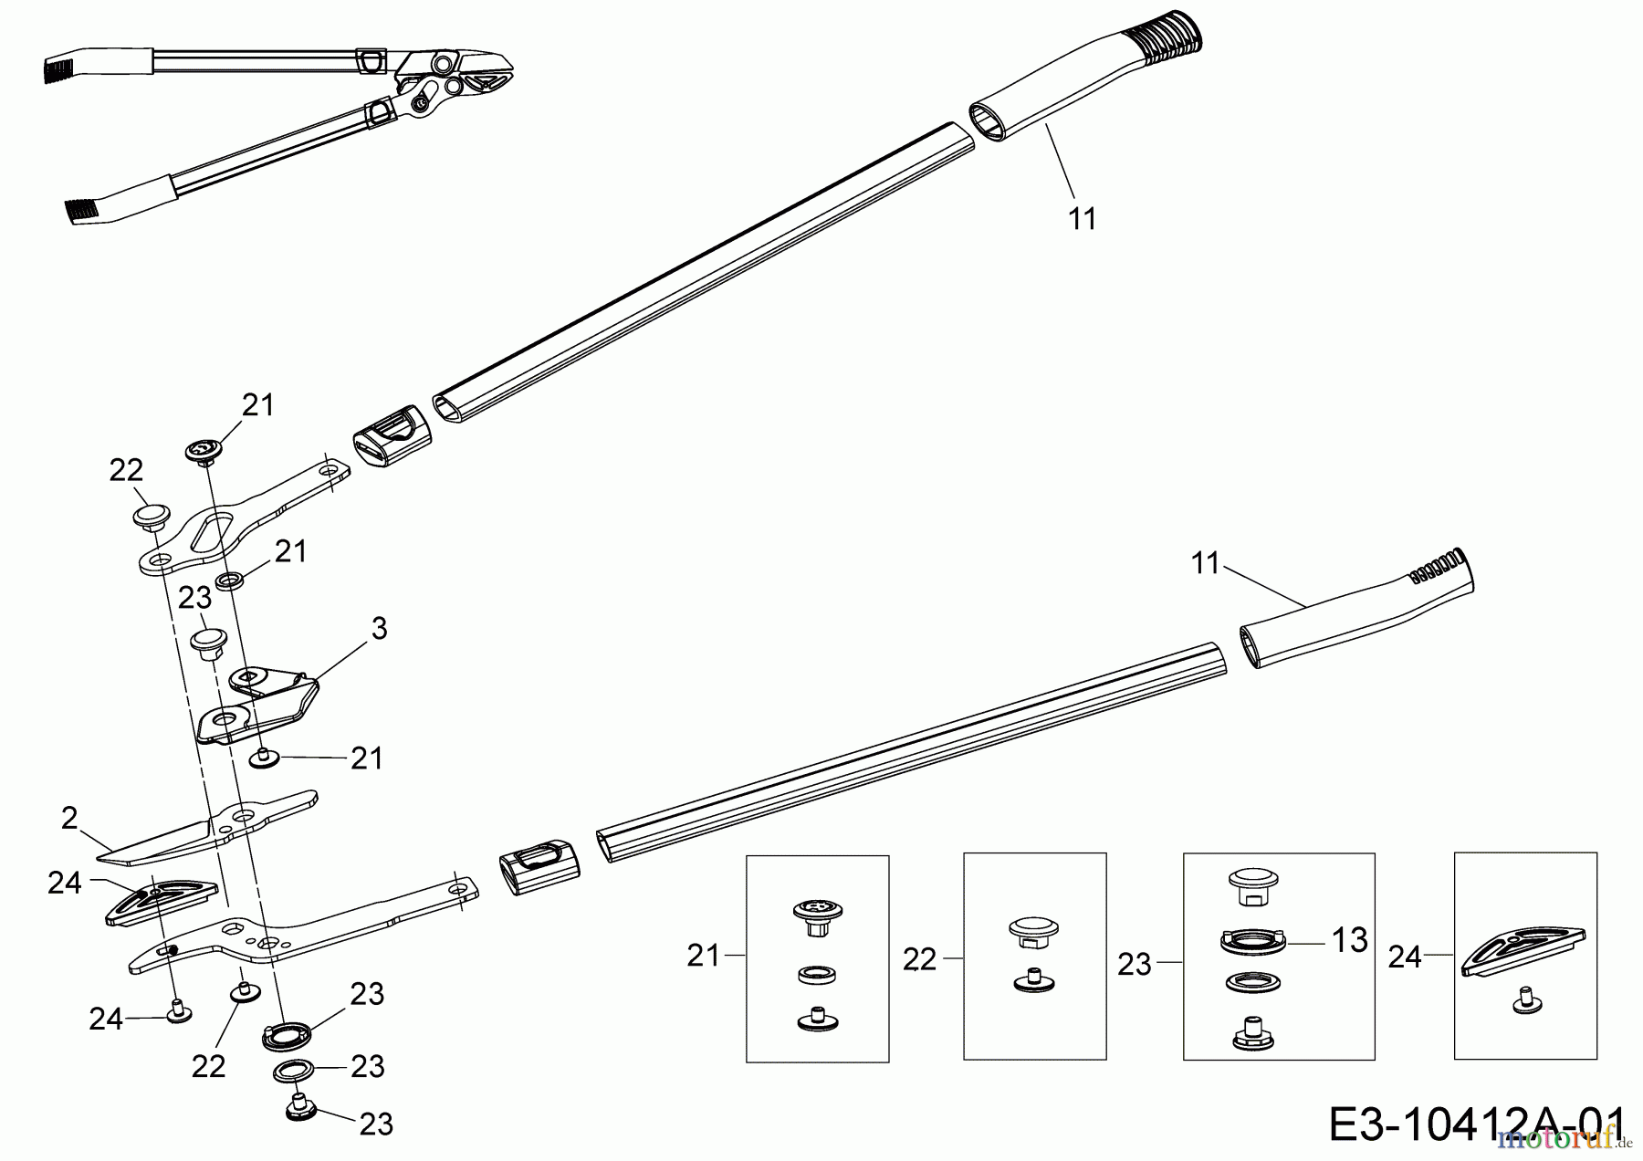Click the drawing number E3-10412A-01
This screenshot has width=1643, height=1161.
(x=1476, y=1124)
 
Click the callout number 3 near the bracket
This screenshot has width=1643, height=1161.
(x=379, y=628)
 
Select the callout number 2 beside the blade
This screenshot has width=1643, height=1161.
(x=69, y=819)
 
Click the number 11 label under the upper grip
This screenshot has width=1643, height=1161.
(x=1082, y=219)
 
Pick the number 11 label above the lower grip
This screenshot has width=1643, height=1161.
(x=1206, y=564)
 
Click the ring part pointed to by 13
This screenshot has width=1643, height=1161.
(x=1252, y=942)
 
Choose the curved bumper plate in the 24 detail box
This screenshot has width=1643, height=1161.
(x=1523, y=952)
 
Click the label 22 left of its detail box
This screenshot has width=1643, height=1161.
(x=919, y=959)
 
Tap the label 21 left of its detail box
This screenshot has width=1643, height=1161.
(x=703, y=957)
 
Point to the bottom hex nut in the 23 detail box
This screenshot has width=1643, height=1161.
(x=1252, y=1031)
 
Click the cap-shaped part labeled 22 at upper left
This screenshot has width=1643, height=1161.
(x=148, y=517)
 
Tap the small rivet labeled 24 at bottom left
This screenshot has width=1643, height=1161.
(x=178, y=1011)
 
